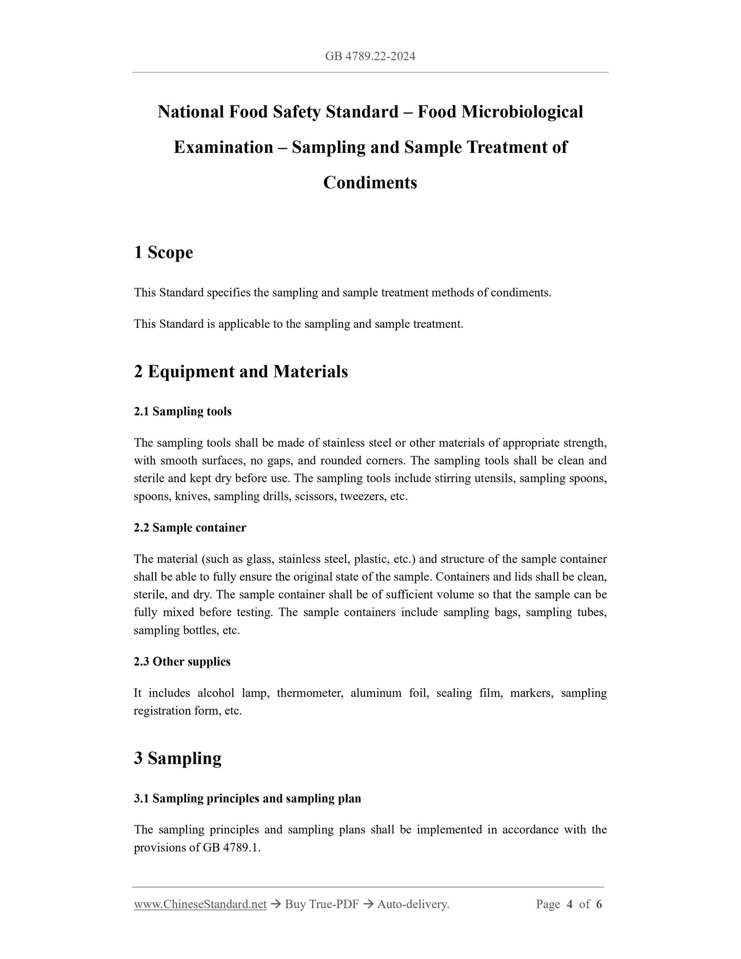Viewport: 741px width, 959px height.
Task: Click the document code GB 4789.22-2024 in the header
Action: (x=370, y=56)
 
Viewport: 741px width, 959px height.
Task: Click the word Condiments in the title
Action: (x=370, y=183)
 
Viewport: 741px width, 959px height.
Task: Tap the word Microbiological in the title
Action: (x=522, y=112)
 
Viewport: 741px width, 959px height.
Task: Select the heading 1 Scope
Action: (x=164, y=252)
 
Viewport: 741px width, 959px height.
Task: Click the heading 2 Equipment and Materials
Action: (x=241, y=371)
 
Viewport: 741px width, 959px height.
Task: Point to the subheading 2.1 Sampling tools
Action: (x=183, y=411)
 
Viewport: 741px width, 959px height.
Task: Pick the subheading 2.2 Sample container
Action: (x=190, y=528)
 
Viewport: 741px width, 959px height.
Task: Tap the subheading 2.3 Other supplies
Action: (x=182, y=662)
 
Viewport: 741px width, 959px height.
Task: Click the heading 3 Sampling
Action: (x=177, y=758)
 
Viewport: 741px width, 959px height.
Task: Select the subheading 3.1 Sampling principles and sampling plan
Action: (x=247, y=798)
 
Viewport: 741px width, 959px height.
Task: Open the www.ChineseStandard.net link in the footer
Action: (x=200, y=905)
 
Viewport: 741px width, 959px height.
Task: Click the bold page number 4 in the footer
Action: (x=570, y=905)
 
